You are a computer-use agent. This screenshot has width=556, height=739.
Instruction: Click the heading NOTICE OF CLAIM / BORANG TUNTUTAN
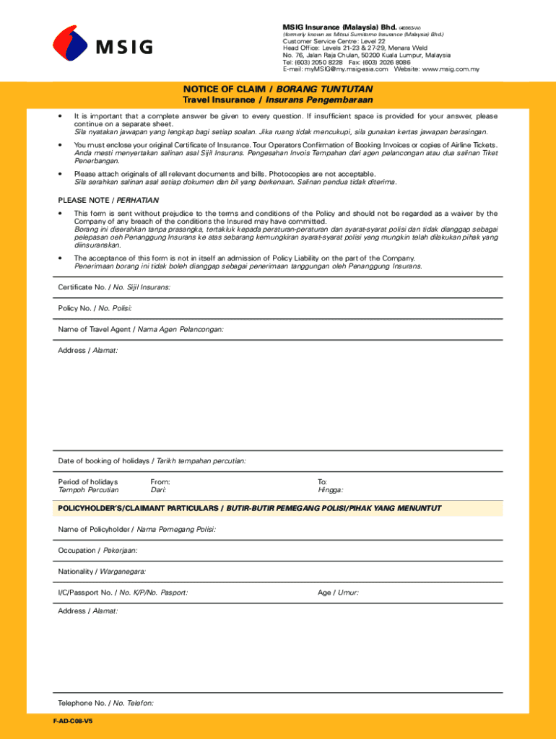(278, 89)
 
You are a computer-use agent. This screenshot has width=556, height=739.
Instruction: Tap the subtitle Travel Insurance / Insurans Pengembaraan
(278, 100)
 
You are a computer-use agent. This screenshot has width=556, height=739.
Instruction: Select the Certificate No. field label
(114, 287)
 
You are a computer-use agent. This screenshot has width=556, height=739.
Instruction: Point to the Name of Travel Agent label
(141, 329)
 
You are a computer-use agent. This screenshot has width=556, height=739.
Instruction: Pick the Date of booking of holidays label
(152, 460)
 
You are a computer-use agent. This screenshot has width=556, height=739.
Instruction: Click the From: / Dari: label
(160, 486)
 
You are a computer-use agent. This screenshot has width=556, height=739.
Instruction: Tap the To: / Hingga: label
(330, 486)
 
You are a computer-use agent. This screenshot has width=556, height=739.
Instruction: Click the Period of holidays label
(88, 486)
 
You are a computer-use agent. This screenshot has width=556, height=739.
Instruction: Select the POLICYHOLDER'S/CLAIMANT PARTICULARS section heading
(249, 508)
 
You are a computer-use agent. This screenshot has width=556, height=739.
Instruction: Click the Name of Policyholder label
(136, 529)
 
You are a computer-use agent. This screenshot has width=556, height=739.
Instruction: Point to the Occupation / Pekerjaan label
(97, 550)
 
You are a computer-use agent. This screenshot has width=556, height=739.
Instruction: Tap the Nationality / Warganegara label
(102, 572)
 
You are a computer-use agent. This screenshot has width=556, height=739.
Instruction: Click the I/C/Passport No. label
(123, 592)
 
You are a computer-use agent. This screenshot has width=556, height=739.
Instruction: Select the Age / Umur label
(338, 592)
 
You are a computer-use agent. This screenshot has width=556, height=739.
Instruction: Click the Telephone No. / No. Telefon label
(105, 702)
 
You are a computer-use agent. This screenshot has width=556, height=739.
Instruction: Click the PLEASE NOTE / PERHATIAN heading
(108, 199)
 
